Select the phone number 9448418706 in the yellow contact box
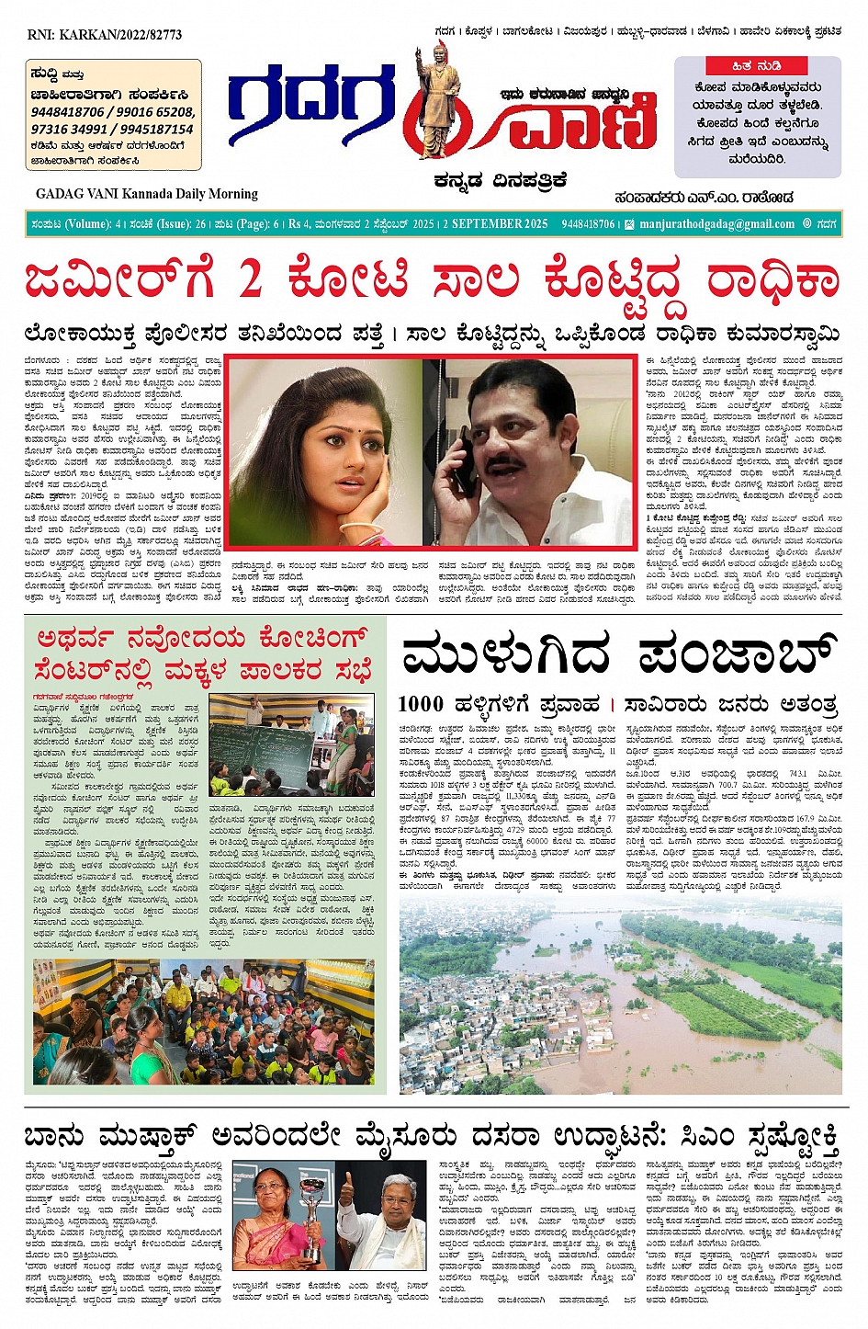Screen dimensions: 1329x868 click(67, 112)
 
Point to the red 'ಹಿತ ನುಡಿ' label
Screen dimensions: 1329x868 click(757, 66)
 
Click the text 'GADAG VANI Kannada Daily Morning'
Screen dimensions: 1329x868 click(147, 194)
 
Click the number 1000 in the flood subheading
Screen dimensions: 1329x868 click(421, 705)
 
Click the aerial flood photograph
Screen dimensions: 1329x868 click(620, 987)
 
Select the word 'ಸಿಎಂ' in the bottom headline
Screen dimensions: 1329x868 click(706, 1139)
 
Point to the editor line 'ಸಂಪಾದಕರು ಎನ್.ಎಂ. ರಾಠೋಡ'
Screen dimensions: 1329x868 click(705, 198)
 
